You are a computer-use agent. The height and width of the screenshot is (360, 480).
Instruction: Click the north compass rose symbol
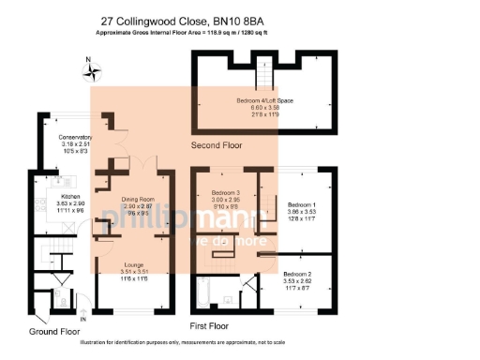(88, 68)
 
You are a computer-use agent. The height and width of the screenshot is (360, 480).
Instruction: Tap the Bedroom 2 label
(298, 274)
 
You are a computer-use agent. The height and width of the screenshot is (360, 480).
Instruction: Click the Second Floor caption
(217, 146)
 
